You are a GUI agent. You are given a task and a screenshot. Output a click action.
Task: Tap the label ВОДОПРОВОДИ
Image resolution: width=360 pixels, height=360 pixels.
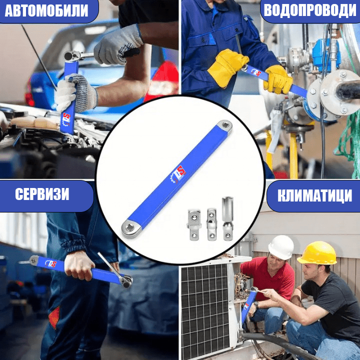310,11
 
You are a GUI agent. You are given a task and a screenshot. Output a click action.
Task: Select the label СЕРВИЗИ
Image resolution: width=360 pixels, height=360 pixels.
42,194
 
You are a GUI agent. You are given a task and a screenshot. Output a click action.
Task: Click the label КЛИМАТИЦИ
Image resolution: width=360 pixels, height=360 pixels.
314,195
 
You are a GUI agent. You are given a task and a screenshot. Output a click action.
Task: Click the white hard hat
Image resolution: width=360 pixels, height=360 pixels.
280,247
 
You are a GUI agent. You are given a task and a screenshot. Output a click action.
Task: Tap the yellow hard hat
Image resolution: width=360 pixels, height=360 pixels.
317,253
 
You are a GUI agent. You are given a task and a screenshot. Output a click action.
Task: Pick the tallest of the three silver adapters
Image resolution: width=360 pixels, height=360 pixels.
228,218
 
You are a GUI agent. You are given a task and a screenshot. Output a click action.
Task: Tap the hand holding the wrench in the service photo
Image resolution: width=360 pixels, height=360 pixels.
79,265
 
